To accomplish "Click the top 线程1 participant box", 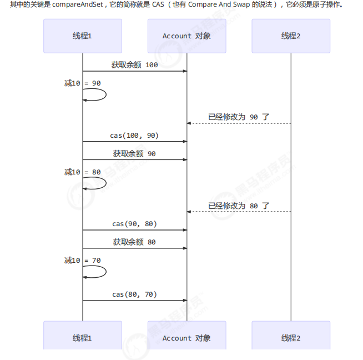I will pos(83,36).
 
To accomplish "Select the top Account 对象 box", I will pos(186,36).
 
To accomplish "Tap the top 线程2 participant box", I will pos(290,36).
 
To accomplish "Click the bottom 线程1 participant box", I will pos(83,338).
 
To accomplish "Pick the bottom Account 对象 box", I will pos(186,338).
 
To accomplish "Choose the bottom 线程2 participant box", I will pos(290,338).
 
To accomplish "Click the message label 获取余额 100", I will pos(134,65).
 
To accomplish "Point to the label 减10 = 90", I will pos(83,83).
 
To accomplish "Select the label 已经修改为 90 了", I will pos(239,117).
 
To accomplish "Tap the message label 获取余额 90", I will pos(134,153).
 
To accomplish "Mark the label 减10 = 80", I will pos(83,172).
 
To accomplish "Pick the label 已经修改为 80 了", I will pos(239,206).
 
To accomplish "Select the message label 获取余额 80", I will pos(134,242).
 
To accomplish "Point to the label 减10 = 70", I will pos(83,260).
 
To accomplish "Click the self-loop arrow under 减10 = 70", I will pos(97,272).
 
